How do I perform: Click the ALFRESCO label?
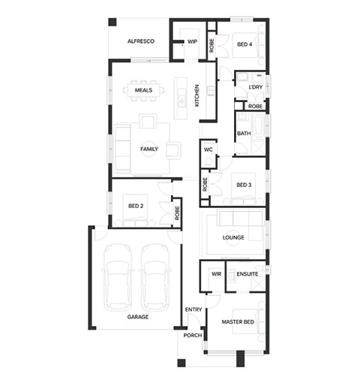[141, 41]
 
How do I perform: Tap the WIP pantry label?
[192, 41]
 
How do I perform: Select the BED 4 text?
[244, 44]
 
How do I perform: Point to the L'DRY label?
[256, 87]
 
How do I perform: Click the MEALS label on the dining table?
[143, 90]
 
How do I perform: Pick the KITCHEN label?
[197, 95]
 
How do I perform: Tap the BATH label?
[244, 134]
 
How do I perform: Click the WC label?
[208, 149]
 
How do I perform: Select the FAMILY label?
[149, 149]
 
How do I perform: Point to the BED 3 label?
[244, 185]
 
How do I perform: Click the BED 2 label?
[136, 206]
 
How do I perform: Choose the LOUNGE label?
[233, 237]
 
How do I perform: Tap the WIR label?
[216, 274]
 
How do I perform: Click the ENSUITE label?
[247, 274]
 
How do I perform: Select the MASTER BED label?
[238, 322]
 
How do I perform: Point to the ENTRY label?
[193, 309]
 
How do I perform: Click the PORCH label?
[193, 336]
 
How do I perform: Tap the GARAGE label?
[138, 317]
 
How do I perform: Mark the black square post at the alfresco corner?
[112, 22]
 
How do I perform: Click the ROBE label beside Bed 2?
[177, 213]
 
